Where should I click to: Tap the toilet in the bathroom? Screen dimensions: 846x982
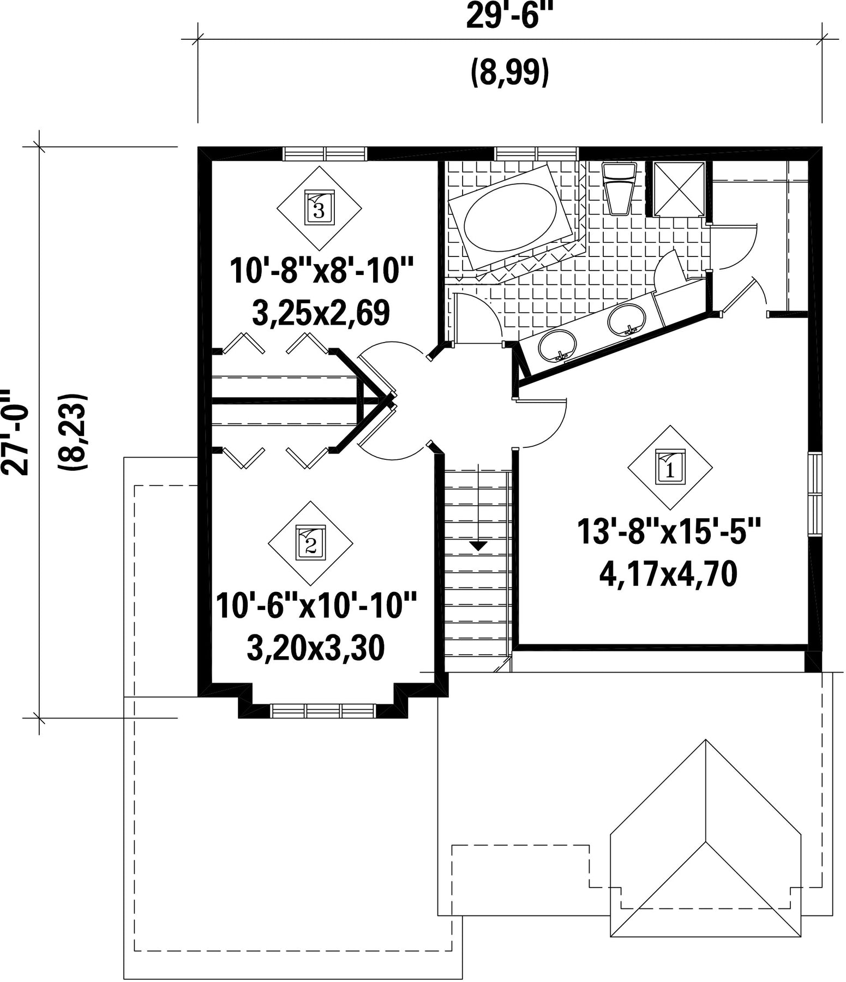(620, 188)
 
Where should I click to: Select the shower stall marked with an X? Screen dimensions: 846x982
(679, 189)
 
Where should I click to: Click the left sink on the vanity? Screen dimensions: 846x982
(557, 345)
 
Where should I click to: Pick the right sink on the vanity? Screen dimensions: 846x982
(627, 319)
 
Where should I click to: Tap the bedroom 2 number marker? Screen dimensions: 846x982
(310, 543)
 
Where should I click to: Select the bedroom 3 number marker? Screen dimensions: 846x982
(319, 208)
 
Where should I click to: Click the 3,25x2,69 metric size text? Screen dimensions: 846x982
(321, 313)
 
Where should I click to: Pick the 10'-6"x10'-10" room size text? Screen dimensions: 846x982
(316, 606)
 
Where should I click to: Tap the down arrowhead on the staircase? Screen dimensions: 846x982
(478, 544)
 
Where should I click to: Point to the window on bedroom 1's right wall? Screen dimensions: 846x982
(814, 494)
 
